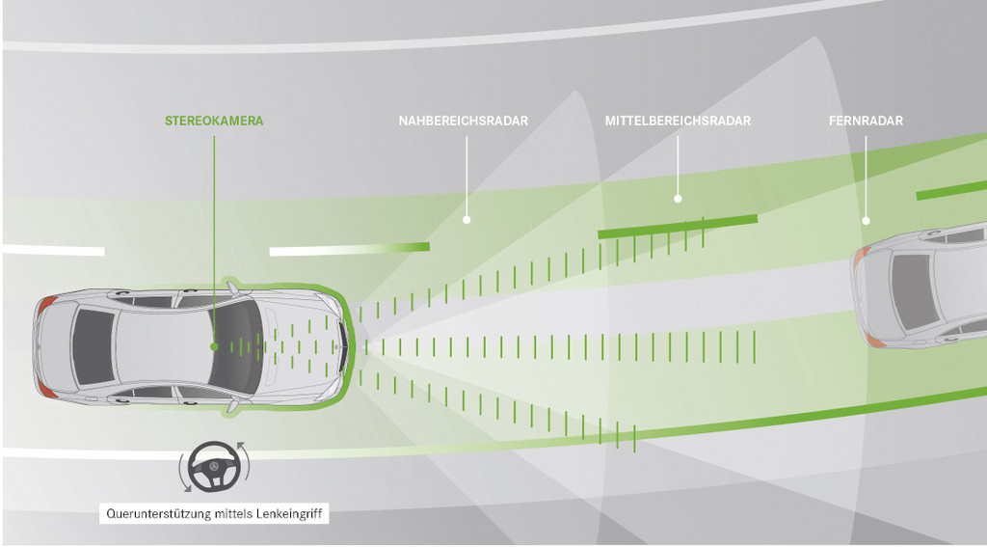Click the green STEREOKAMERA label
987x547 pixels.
click(214, 121)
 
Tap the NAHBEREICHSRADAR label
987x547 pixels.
click(464, 121)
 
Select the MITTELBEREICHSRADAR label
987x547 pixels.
click(678, 121)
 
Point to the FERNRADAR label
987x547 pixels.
click(866, 121)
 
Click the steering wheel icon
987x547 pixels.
click(214, 467)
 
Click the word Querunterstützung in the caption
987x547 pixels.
click(159, 514)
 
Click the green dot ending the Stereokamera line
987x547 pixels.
click(214, 346)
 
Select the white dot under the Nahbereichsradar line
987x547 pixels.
click(467, 219)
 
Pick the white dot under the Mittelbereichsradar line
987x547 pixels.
click(678, 199)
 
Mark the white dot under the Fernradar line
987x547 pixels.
click(866, 221)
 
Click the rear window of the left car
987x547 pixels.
click(93, 346)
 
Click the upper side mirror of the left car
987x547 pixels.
click(233, 288)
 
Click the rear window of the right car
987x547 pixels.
click(913, 291)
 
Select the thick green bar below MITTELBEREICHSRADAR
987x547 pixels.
click(678, 227)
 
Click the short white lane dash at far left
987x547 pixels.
click(54, 250)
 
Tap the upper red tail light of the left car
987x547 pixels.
click(46, 307)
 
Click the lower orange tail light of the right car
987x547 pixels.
click(873, 339)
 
